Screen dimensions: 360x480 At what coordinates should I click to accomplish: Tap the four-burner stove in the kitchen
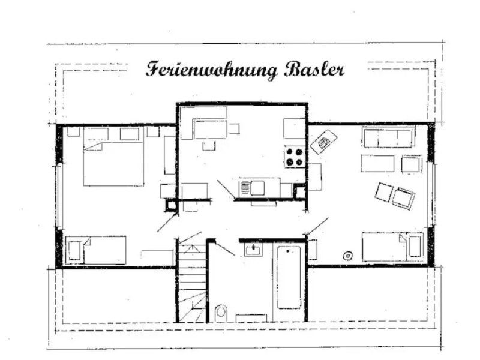coord(295,157)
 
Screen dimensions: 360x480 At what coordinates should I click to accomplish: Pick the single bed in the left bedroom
coord(97,250)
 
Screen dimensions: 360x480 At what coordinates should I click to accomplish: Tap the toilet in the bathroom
coord(221,311)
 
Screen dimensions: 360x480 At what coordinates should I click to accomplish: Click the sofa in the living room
coord(388,137)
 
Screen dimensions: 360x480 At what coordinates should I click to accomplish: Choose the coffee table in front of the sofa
coord(377,163)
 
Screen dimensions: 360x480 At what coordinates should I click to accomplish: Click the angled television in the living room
coord(324,142)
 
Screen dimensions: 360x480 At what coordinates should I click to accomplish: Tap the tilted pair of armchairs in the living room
coord(395,195)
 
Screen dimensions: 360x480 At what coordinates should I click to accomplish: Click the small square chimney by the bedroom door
coord(171,205)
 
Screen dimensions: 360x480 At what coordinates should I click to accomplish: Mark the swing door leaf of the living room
coord(318,226)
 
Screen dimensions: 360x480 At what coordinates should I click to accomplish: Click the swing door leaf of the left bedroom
coord(167,223)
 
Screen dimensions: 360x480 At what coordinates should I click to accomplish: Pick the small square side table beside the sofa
coord(412,164)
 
